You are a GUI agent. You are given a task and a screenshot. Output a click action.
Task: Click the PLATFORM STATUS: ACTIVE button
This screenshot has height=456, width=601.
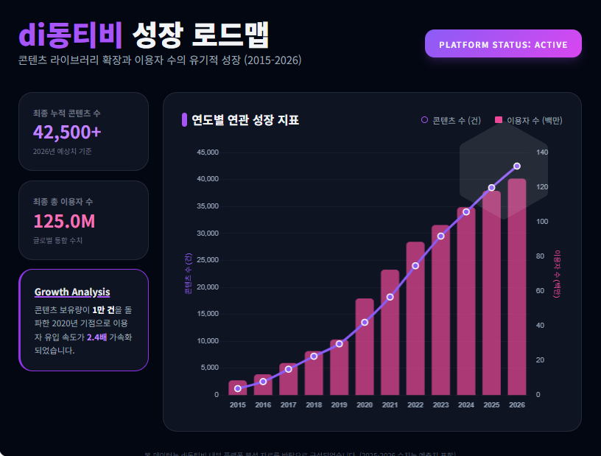coord(503,43)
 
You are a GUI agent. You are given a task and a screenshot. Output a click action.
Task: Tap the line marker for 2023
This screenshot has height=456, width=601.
coord(440,236)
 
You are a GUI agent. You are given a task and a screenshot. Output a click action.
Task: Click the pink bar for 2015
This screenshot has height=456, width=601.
coord(238,388)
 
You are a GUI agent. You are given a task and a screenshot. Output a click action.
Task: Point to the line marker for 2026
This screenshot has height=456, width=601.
coord(517,166)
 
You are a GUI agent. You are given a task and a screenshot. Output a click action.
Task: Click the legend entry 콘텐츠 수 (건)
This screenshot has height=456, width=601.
coord(451,120)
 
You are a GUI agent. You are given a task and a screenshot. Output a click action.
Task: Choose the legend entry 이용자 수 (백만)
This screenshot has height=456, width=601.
coord(528,120)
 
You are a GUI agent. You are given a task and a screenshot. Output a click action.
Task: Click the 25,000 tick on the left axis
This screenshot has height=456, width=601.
coord(207,260)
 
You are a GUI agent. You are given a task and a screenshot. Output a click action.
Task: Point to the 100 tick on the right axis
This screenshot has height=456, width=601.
coord(543,222)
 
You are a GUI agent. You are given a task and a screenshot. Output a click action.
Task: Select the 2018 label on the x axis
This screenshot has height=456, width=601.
coord(314,404)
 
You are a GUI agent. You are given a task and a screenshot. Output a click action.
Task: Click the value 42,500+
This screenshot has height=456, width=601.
coord(67,132)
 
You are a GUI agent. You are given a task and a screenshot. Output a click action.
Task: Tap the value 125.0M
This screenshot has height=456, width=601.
coord(64,221)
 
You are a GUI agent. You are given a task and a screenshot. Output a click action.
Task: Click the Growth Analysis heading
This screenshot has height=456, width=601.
coord(72,292)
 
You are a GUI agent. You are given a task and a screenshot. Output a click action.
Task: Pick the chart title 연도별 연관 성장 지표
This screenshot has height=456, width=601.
coord(245,120)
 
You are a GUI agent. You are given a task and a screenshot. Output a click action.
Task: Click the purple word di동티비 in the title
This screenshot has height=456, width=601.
coord(71,33)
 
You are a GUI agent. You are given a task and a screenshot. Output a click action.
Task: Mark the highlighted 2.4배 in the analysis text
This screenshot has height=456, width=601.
coord(96,337)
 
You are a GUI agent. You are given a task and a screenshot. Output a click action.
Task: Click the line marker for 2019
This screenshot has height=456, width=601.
coord(339,343)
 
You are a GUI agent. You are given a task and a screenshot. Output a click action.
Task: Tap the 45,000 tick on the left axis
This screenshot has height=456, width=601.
coord(207,152)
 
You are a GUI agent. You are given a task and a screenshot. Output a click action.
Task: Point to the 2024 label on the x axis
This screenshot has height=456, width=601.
coord(466,404)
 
